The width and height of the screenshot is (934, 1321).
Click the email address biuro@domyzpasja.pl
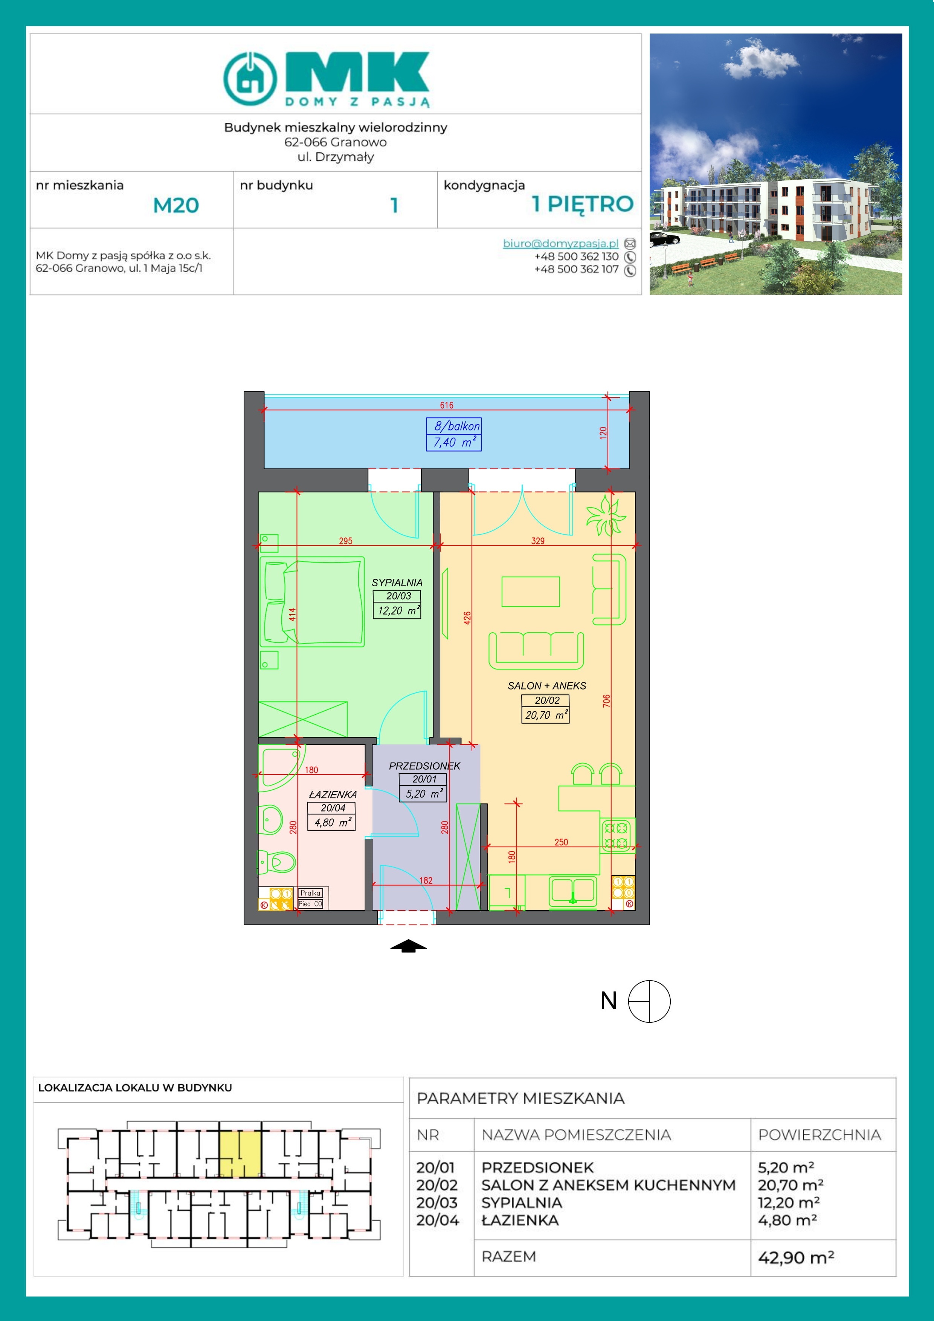coord(560,243)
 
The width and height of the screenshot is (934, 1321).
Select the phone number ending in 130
coord(577,256)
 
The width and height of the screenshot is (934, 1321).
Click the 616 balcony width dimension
coord(447,405)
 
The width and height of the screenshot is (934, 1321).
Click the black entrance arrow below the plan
coord(409,946)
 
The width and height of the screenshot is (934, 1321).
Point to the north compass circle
coord(649,1002)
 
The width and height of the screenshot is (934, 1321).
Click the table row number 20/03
coord(437,1203)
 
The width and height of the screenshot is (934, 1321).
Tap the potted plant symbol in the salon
coord(605,515)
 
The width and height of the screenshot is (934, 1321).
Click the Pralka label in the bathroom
coord(310,893)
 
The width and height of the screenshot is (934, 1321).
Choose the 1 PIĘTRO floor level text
coord(582,204)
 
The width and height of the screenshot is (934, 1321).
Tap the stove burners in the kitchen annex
coord(617,835)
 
